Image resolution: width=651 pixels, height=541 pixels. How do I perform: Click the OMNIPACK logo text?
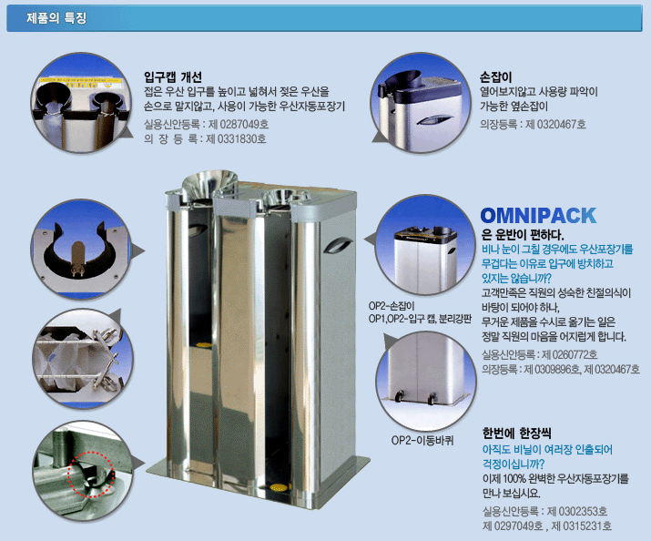538,216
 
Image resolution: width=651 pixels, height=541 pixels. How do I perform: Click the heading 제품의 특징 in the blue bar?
56,18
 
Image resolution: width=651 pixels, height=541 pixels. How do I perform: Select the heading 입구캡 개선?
173,77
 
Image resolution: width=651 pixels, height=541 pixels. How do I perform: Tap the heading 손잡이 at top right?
495,77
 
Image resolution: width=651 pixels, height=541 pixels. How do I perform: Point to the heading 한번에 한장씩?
516,433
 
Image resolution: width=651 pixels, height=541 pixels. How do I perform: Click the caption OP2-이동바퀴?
422,440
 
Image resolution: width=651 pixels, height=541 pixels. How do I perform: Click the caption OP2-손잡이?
392,306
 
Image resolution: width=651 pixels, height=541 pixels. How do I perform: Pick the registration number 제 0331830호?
236,138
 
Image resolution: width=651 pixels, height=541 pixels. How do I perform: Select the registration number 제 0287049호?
239,124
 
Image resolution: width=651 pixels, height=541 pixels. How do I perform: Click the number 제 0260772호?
569,354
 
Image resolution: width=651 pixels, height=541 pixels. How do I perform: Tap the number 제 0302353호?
577,511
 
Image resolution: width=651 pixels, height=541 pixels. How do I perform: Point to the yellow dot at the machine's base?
276,486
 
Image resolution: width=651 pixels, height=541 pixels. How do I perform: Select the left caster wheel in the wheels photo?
400,397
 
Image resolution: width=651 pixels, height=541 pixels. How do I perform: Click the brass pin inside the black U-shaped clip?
78,259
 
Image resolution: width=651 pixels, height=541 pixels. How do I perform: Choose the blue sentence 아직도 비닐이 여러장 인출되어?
547,449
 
